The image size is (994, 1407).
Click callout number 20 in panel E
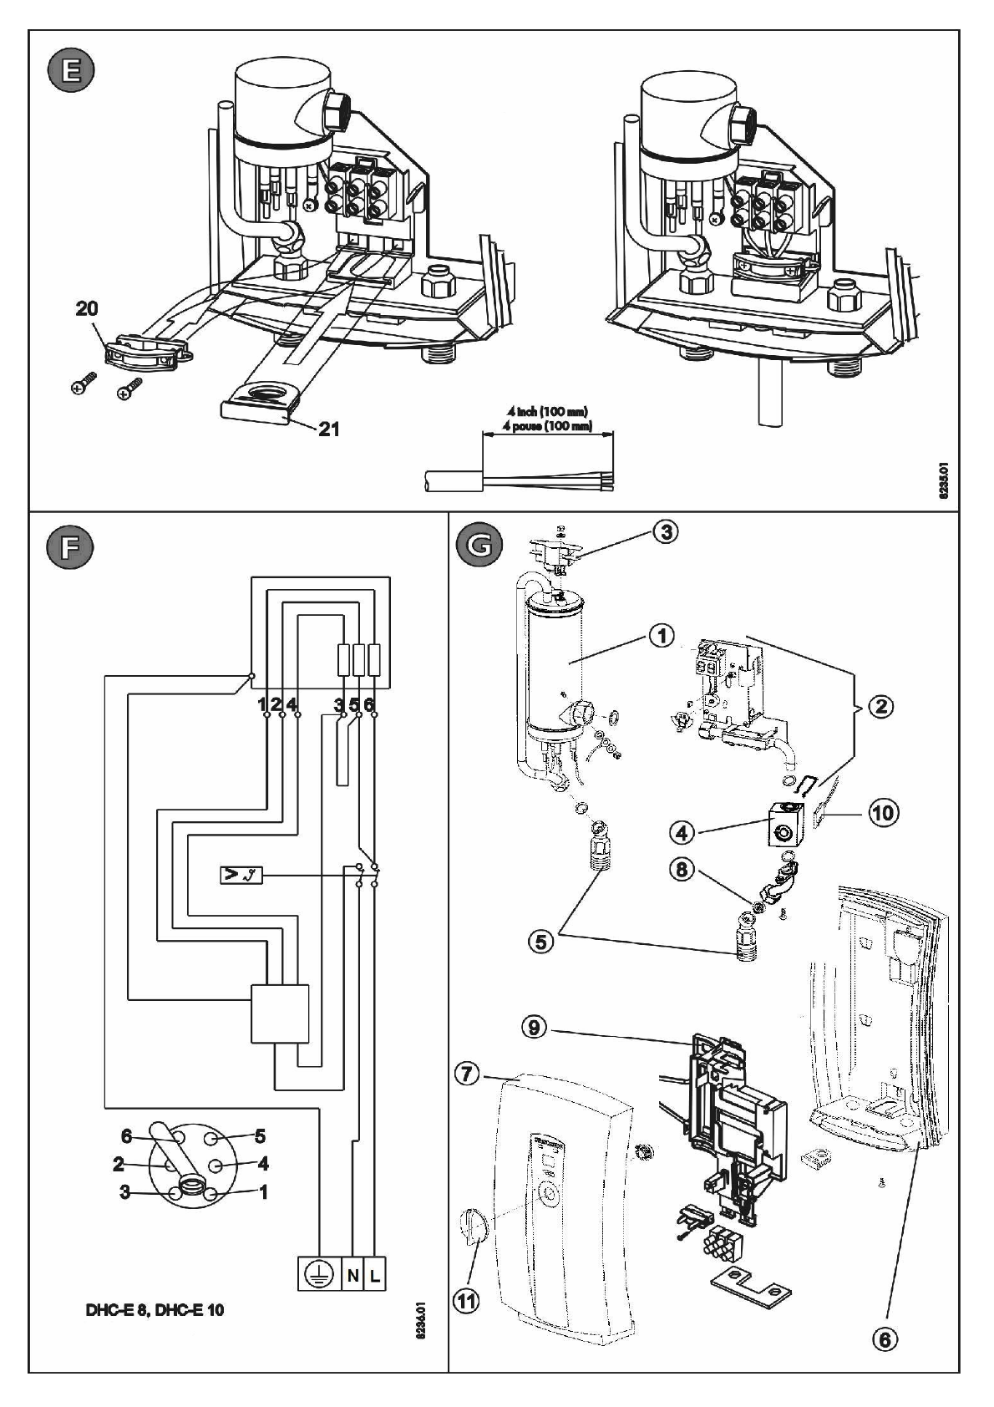[87, 309]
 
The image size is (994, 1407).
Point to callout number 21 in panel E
[329, 429]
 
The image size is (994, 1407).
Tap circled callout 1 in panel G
[662, 637]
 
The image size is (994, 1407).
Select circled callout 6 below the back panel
[885, 1339]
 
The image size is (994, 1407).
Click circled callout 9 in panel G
[535, 1028]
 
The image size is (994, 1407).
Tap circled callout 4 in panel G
[682, 832]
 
